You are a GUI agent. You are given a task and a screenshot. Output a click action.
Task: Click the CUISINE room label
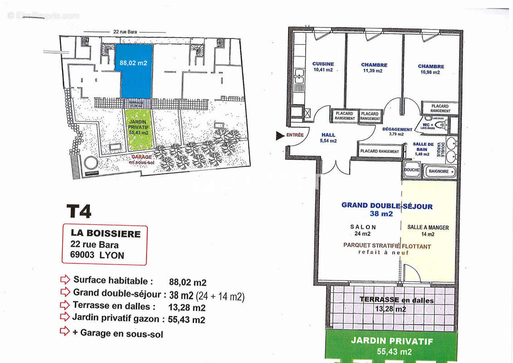(x=323, y=64)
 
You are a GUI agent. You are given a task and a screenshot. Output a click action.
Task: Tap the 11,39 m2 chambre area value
(x=372, y=71)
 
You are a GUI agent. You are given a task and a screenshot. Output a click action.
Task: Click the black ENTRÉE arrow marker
(x=280, y=135)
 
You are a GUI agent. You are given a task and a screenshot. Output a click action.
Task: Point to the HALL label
(x=328, y=135)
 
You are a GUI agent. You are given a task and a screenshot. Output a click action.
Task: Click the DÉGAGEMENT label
(x=397, y=129)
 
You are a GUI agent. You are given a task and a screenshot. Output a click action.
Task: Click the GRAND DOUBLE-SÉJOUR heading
(x=387, y=206)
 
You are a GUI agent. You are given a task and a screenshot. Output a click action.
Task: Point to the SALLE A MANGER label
(x=428, y=227)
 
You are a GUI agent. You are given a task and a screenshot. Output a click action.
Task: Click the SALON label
(x=363, y=227)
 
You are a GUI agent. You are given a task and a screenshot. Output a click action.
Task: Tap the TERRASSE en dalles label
(x=396, y=300)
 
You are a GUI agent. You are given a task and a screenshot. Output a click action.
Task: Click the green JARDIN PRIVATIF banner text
(x=392, y=341)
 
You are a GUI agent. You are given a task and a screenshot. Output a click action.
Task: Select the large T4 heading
(x=79, y=211)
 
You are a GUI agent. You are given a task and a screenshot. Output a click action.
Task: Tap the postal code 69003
(x=83, y=255)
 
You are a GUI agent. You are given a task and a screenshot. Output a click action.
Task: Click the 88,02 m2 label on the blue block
(x=133, y=64)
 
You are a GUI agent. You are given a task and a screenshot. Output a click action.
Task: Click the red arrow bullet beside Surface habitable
(x=65, y=279)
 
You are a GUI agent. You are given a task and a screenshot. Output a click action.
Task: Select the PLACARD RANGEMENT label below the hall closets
(x=380, y=152)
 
